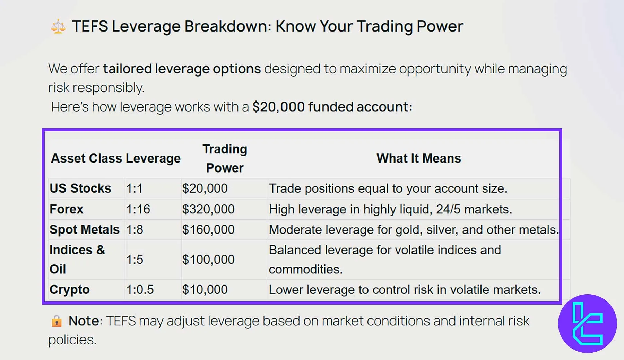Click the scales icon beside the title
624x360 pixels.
58,27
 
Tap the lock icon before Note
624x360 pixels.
56,321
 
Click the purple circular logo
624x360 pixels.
587,323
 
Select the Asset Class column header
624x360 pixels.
86,158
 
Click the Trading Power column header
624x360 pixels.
225,158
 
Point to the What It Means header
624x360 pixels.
418,158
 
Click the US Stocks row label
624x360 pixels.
80,188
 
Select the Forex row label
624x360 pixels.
66,209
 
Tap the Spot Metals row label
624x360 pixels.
84,230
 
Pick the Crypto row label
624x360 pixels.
69,290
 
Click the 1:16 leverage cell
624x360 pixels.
138,209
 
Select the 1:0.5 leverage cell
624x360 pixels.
140,290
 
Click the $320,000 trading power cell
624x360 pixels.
208,209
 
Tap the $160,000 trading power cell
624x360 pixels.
208,230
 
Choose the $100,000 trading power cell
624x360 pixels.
208,260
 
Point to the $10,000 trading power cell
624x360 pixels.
205,290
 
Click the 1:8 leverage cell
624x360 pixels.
135,230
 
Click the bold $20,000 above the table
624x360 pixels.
278,107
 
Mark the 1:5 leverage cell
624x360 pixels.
135,260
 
